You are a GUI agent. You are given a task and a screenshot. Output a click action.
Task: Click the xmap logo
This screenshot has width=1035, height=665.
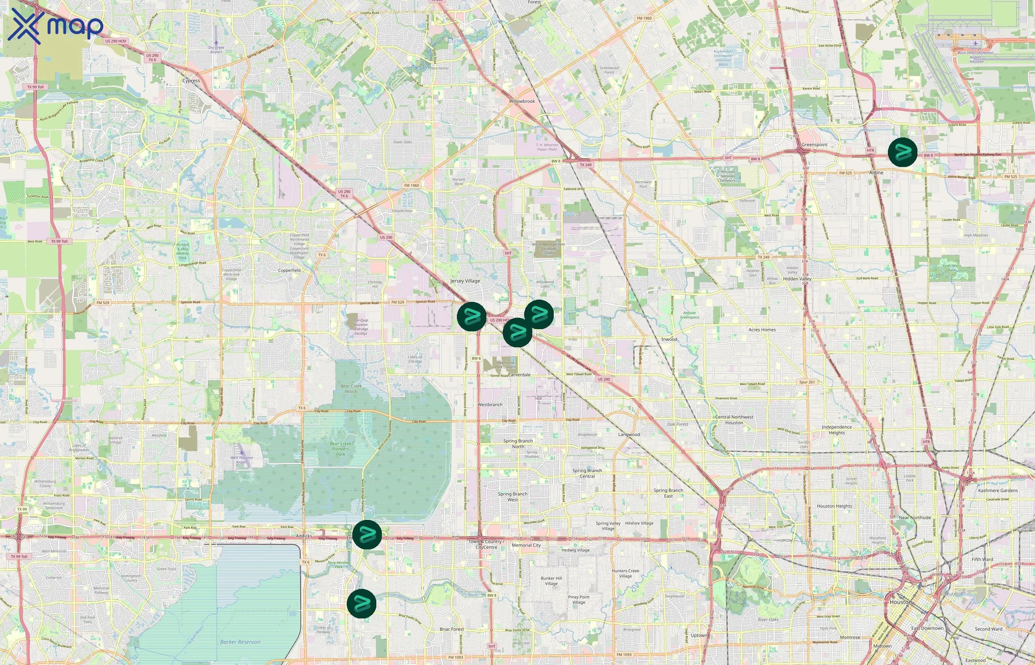(x=55, y=26)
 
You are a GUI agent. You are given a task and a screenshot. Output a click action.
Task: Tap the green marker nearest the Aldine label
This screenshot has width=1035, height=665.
(x=902, y=152)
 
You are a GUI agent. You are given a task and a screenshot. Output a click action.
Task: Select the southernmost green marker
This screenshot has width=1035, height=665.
(x=362, y=603)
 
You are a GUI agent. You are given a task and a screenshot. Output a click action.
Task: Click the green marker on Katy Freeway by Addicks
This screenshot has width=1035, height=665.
(x=367, y=535)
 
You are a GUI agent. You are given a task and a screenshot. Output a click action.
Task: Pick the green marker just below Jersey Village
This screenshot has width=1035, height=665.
(x=472, y=317)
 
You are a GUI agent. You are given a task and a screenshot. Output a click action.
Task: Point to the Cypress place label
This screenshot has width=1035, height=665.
(x=191, y=81)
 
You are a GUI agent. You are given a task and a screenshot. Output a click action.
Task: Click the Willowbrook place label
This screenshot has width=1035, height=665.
(x=522, y=101)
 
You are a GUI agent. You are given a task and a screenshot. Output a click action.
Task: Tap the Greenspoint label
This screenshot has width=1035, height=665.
(x=814, y=145)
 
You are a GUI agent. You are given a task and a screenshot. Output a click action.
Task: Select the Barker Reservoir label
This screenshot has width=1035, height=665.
(x=240, y=642)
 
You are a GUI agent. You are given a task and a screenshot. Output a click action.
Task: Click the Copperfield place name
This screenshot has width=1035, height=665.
(x=289, y=270)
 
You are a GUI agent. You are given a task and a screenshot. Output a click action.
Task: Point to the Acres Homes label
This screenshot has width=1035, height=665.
(x=762, y=330)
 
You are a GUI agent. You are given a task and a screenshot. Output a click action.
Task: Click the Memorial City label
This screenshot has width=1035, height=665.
(x=526, y=545)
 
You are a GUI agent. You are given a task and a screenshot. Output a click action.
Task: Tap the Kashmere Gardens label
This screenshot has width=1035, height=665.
(x=997, y=491)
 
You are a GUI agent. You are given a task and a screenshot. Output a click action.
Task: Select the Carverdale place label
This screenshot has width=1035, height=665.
(x=519, y=375)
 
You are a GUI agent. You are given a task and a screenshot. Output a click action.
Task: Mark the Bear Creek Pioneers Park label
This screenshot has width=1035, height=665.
(x=340, y=449)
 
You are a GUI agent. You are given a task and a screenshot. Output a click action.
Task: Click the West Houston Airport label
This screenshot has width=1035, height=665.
(x=241, y=460)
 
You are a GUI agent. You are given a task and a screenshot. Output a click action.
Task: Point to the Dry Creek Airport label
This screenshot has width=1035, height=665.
(x=216, y=50)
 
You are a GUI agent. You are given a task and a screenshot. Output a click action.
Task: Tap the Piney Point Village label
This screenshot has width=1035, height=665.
(x=578, y=599)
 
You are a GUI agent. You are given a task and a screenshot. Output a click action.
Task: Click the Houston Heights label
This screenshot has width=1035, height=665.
(x=834, y=506)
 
